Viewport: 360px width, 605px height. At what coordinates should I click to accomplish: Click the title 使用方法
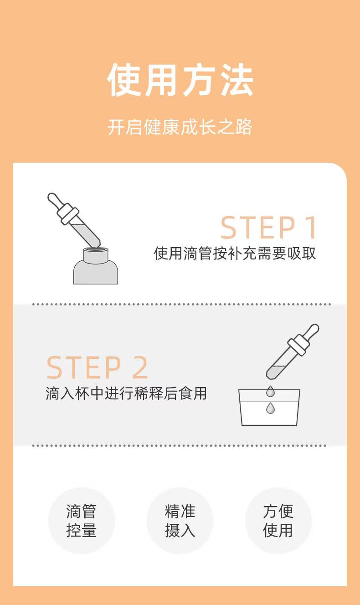tap(180, 80)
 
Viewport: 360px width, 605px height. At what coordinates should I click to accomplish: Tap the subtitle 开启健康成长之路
tap(180, 127)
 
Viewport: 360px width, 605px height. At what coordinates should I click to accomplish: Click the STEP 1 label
tap(268, 228)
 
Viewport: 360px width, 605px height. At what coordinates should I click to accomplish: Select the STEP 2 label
tap(97, 367)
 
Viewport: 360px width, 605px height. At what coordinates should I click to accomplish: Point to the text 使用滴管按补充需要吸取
tap(235, 253)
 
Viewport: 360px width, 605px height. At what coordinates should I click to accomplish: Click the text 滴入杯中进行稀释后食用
tap(126, 393)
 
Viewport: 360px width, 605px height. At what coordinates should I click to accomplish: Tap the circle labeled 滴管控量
tap(81, 521)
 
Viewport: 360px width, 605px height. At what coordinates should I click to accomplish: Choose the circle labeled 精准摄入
tap(180, 521)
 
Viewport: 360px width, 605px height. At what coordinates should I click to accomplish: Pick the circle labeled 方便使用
tap(278, 521)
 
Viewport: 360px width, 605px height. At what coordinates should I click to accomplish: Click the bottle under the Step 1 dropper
tap(96, 267)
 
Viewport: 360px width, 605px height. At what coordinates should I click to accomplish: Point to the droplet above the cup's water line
tap(270, 391)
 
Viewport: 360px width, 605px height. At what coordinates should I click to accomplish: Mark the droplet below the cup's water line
tap(270, 408)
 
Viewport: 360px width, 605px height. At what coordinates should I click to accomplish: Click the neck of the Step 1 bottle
tap(96, 255)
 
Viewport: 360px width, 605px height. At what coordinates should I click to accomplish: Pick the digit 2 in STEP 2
tap(140, 367)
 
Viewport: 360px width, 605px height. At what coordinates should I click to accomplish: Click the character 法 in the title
tap(237, 80)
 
